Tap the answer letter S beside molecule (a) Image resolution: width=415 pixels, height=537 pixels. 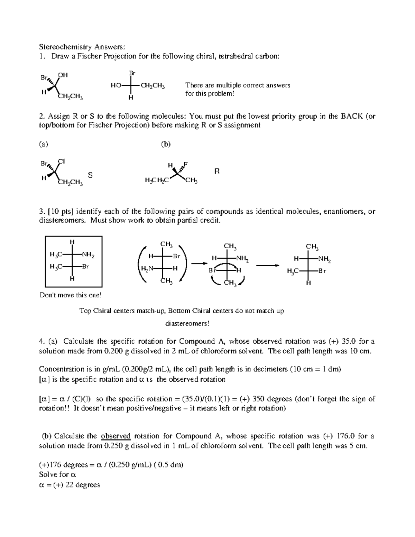pyautogui.click(x=90, y=175)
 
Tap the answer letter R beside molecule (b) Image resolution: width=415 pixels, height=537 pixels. pyautogui.click(x=217, y=171)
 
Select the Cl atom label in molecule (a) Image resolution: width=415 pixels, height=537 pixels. pyautogui.click(x=62, y=161)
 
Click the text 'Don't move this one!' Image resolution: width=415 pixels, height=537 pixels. pyautogui.click(x=71, y=295)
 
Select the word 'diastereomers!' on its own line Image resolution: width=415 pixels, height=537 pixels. pyautogui.click(x=187, y=324)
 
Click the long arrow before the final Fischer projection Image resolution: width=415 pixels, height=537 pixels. pyautogui.click(x=267, y=265)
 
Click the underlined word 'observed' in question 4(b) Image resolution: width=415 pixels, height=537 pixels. pyautogui.click(x=116, y=436)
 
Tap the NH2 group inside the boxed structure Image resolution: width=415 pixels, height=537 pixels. pyautogui.click(x=87, y=255)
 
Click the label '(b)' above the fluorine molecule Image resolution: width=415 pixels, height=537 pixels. pyautogui.click(x=166, y=144)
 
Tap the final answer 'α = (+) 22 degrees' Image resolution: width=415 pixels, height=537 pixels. pyautogui.click(x=70, y=485)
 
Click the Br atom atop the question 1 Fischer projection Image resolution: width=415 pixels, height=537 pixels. pyautogui.click(x=132, y=73)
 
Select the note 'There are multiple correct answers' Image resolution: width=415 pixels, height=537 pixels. pyautogui.click(x=238, y=85)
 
